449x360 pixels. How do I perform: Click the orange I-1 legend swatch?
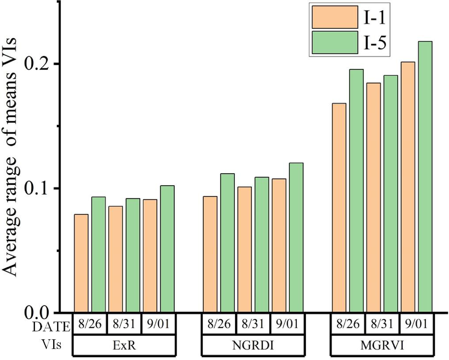tap(335, 17)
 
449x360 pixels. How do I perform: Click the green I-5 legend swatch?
tap(335, 42)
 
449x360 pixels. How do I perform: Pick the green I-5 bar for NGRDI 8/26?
tap(227, 243)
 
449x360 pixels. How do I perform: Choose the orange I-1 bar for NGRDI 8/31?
tap(244, 250)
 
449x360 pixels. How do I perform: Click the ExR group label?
tap(124, 345)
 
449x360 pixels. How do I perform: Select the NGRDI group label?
tap(253, 345)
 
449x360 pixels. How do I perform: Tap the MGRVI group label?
tap(382, 345)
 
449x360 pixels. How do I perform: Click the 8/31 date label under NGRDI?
tap(253, 324)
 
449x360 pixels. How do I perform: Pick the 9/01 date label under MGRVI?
tap(416, 324)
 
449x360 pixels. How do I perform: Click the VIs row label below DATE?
tap(51, 344)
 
